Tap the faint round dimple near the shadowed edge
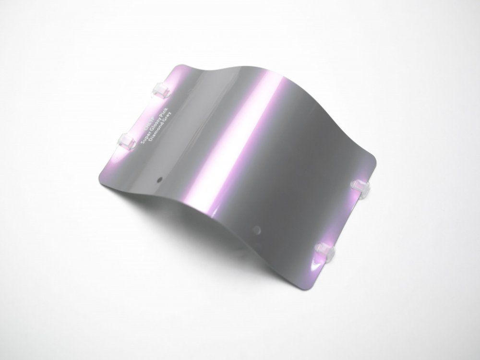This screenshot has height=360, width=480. (x=257, y=229)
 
